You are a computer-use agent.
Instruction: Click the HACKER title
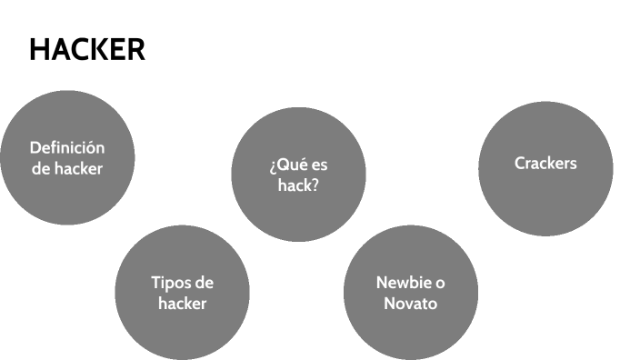(x=86, y=50)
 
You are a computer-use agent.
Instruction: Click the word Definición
(x=67, y=147)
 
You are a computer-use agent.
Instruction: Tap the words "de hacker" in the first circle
(x=67, y=168)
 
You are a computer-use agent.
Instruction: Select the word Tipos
(x=170, y=283)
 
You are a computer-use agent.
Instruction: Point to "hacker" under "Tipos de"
(x=182, y=304)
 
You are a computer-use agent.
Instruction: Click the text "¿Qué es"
(x=298, y=165)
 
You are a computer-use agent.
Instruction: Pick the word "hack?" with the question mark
(x=298, y=185)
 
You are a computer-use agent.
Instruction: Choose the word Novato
(x=411, y=304)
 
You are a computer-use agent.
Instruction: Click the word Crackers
(x=545, y=164)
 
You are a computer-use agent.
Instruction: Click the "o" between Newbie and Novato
(x=441, y=283)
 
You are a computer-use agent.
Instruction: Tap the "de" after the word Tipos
(x=205, y=283)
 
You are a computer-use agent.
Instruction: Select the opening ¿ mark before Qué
(x=273, y=167)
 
